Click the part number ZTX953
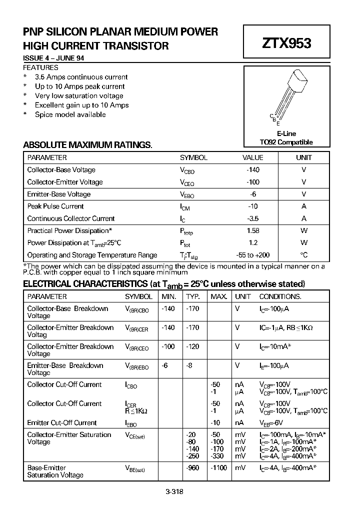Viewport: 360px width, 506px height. pyautogui.click(x=286, y=43)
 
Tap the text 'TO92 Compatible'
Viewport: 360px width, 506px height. pyautogui.click(x=286, y=142)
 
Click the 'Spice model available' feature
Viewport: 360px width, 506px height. pyautogui.click(x=70, y=114)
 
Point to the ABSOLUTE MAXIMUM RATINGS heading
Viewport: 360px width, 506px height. pyautogui.click(x=87, y=145)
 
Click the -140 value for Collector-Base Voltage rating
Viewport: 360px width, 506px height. pyautogui.click(x=253, y=170)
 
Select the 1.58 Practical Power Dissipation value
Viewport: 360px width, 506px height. pyautogui.click(x=253, y=231)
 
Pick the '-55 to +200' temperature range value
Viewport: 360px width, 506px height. pyautogui.click(x=252, y=255)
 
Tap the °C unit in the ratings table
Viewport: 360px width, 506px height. pyautogui.click(x=304, y=255)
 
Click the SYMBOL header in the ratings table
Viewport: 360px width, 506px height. pyautogui.click(x=193, y=157)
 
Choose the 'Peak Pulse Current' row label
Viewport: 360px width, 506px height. pyautogui.click(x=55, y=206)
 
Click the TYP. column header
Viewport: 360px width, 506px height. pyautogui.click(x=193, y=296)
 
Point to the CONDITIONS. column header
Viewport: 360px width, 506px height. pyautogui.click(x=280, y=296)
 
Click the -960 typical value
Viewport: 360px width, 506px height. pyautogui.click(x=192, y=468)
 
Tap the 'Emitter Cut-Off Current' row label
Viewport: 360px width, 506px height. pyautogui.click(x=62, y=423)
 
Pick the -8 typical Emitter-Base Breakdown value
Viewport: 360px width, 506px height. pyautogui.click(x=190, y=366)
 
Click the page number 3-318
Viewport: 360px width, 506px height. pyautogui.click(x=174, y=491)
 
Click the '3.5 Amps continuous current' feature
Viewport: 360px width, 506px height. pyautogui.click(x=81, y=77)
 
